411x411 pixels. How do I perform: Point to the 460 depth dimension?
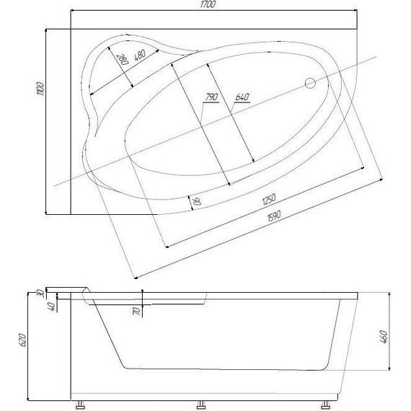385,336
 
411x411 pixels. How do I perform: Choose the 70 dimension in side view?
135,311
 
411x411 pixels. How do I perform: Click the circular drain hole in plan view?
312,83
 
